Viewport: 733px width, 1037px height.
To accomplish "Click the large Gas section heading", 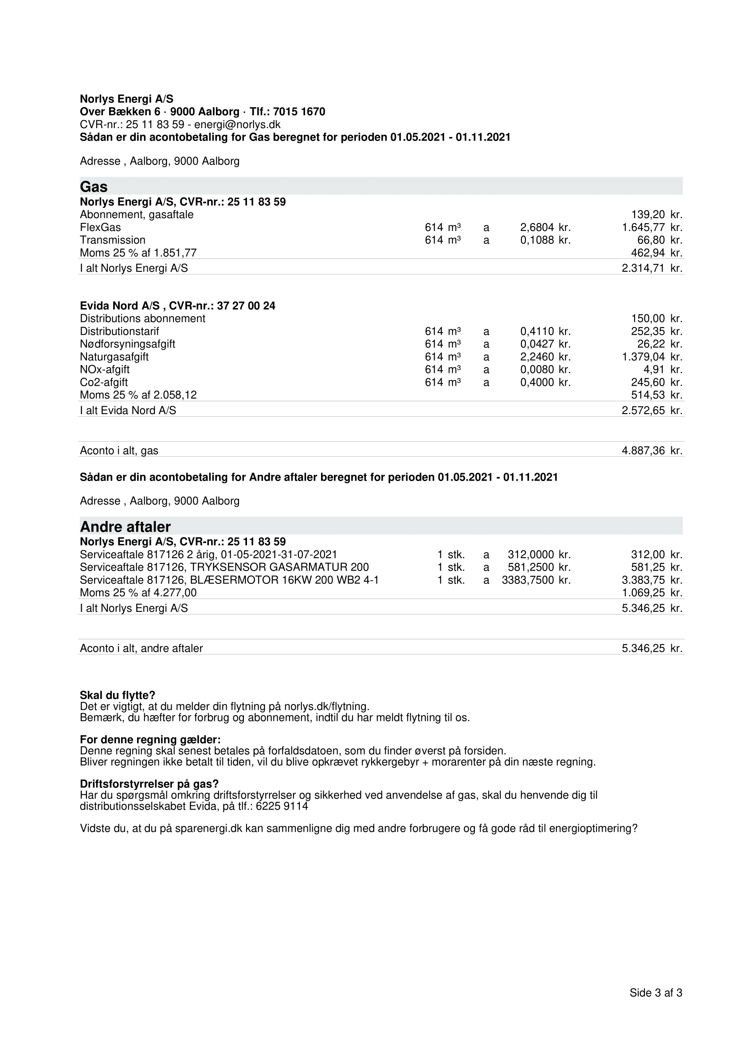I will point(94,187).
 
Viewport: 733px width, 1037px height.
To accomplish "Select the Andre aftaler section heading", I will point(125,527).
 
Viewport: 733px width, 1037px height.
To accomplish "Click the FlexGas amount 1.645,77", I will point(643,227).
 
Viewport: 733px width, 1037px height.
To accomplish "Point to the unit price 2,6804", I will point(537,227).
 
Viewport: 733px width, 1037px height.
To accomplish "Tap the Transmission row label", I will point(113,240).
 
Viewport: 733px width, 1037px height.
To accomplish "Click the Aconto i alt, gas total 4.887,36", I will point(643,450).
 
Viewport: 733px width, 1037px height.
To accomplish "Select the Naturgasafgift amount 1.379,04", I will point(643,357).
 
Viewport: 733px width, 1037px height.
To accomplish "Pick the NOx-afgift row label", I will point(105,369).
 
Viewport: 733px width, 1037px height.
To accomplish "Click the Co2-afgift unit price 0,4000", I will point(537,382).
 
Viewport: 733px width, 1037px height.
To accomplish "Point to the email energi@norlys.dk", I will point(237,125).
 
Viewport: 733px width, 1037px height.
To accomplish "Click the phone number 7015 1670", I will point(299,112).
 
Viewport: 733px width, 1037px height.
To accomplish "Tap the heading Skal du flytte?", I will point(118,695).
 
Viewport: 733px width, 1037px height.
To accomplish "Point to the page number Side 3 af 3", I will point(656,993).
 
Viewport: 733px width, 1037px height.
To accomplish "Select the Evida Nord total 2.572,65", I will point(643,411).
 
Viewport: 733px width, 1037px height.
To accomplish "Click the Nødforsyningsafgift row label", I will point(127,344).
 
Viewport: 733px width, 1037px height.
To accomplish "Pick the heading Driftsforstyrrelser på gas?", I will point(149,783).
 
